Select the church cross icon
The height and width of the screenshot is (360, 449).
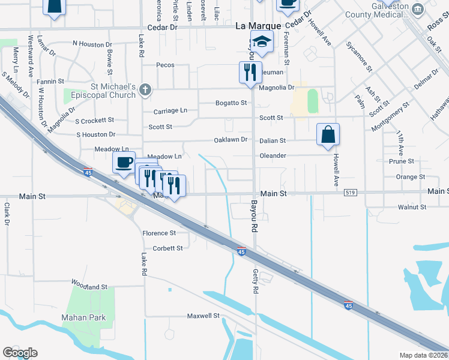[x=144, y=91]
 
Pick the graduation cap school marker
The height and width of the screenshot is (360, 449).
[x=262, y=42]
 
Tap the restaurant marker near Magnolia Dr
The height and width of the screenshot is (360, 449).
[x=250, y=73]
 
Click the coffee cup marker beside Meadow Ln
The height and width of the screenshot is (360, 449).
[x=124, y=163]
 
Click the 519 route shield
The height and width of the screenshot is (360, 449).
[x=351, y=193]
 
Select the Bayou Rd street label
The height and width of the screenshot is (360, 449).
[x=254, y=217]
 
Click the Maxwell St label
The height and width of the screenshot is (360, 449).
[x=203, y=315]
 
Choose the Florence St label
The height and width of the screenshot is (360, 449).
[x=159, y=233]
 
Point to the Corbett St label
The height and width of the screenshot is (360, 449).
[x=167, y=248]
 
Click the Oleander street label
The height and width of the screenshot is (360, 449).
[x=273, y=155]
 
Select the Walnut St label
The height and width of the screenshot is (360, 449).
[x=412, y=207]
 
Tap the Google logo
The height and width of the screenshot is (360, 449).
[x=20, y=353]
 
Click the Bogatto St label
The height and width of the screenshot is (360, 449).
[x=231, y=103]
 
